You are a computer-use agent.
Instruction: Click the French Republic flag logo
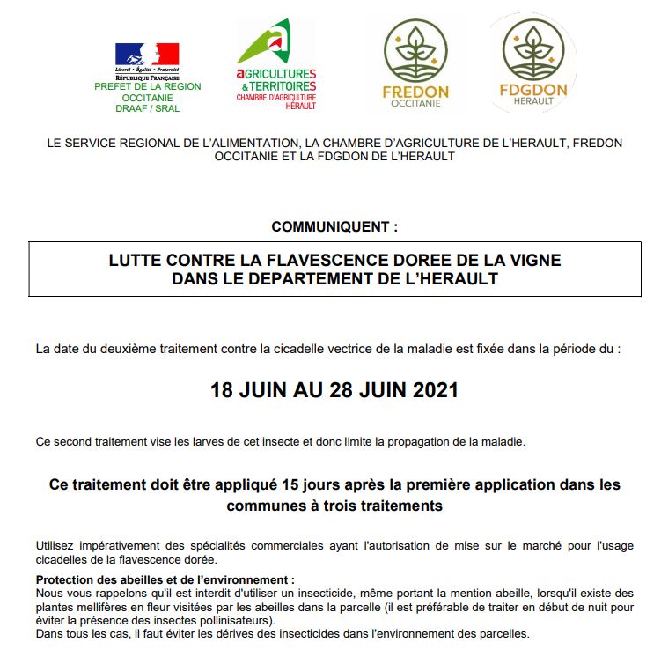click(147, 54)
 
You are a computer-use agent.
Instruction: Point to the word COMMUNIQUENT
click(333, 226)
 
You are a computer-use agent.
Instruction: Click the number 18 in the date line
click(222, 390)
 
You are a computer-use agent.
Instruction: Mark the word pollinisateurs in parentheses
click(188, 620)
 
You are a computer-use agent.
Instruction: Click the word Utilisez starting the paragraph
click(56, 546)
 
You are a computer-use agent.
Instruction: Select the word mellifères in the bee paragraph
click(99, 608)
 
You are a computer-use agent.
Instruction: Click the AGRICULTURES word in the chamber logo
click(277, 74)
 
